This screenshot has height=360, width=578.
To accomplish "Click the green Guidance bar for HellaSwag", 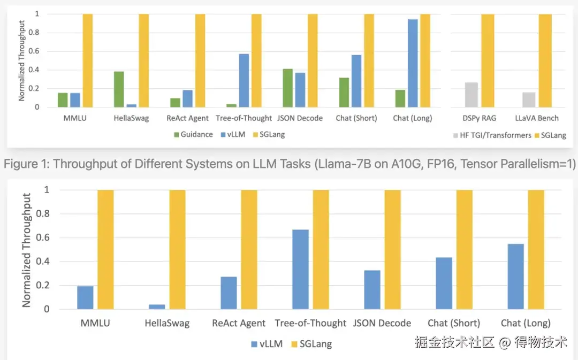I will pyautogui.click(x=119, y=89).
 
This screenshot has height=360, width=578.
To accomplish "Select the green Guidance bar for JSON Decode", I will pyautogui.click(x=288, y=88).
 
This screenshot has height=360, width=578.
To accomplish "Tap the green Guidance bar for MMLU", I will pyautogui.click(x=63, y=100).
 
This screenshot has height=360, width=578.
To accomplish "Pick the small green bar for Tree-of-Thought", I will pyautogui.click(x=231, y=105).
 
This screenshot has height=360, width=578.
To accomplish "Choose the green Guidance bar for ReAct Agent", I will pyautogui.click(x=175, y=103).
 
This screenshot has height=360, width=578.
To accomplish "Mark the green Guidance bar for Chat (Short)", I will pyautogui.click(x=344, y=93).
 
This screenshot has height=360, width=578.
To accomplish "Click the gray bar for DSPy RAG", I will pyautogui.click(x=471, y=95).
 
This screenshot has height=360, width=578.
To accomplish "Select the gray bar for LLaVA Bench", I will pyautogui.click(x=529, y=99).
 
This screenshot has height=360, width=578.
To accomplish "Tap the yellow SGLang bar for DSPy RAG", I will pyautogui.click(x=488, y=60).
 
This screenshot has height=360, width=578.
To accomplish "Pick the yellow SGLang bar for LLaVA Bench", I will pyautogui.click(x=545, y=60).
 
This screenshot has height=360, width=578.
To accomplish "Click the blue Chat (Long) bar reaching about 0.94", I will pyautogui.click(x=413, y=63).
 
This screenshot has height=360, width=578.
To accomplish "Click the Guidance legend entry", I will pyautogui.click(x=192, y=135).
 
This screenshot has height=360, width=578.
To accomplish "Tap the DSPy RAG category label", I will pyautogui.click(x=480, y=118).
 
